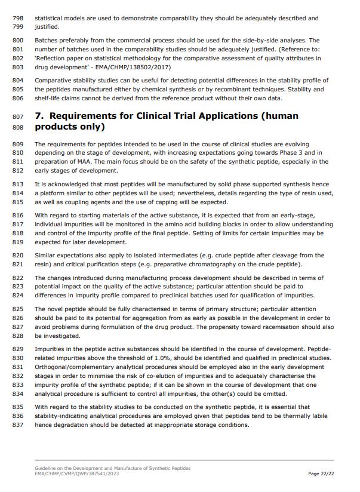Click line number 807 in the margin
click(17, 116)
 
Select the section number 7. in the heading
click(40, 116)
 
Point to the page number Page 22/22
click(321, 473)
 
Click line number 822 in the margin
click(17, 278)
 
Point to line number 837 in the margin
click(17, 425)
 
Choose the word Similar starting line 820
click(46, 256)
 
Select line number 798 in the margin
click(17, 19)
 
